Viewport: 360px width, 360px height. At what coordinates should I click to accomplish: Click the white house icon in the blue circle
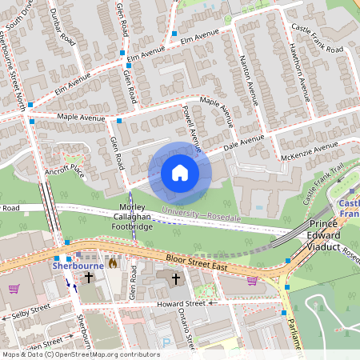pos(180,173)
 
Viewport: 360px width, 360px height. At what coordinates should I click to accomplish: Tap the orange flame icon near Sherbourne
pos(113,262)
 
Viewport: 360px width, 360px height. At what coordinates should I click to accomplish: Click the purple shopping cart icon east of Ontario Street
pos(252,281)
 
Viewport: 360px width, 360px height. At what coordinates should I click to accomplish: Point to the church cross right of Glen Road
pos(175,278)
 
